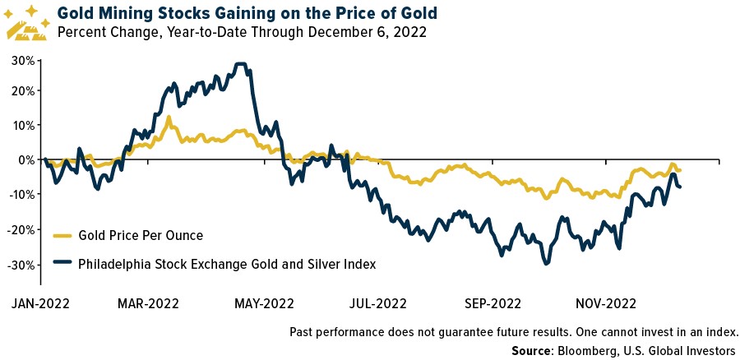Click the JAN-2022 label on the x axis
(x=40, y=302)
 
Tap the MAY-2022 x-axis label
(x=264, y=302)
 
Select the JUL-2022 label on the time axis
(x=377, y=302)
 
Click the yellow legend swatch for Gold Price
(x=63, y=236)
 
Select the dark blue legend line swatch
(x=63, y=264)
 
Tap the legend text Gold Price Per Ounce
(x=141, y=236)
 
